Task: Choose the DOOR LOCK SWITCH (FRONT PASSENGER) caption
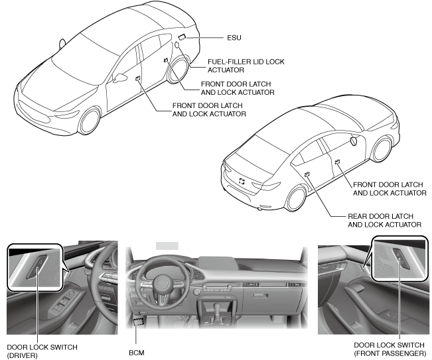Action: pyautogui.click(x=390, y=350)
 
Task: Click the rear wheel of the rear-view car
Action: pyautogui.click(x=295, y=197)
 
